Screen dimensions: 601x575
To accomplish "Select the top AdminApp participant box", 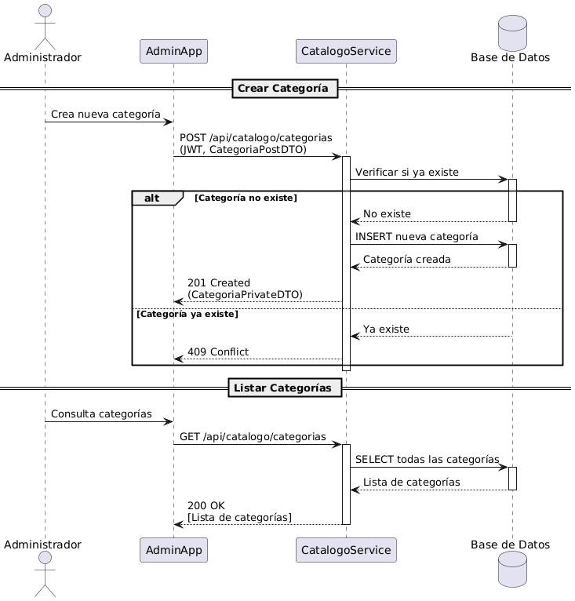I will (173, 52).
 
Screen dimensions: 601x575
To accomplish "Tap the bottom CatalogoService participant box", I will (346, 550).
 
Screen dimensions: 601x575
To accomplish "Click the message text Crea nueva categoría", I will (106, 115).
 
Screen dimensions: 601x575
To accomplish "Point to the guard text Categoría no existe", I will (246, 199).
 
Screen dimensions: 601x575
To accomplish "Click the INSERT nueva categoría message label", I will (417, 236).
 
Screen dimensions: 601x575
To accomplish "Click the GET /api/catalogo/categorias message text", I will (253, 436).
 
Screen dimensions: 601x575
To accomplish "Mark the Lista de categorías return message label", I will (411, 481).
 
